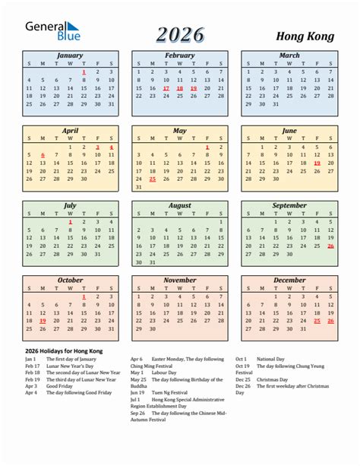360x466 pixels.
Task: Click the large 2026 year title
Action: click(x=180, y=34)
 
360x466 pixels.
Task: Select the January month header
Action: click(x=70, y=55)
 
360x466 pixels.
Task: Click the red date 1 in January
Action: click(x=84, y=71)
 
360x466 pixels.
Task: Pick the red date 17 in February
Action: click(x=166, y=88)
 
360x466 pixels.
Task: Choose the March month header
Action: click(x=289, y=55)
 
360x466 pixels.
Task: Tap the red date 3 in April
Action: click(x=97, y=147)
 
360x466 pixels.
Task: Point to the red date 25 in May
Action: click(x=152, y=179)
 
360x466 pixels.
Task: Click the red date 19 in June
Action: click(x=317, y=163)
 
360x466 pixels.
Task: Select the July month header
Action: click(x=70, y=205)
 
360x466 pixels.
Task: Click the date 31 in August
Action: click(x=152, y=262)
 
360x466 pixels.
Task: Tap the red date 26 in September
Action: click(x=330, y=246)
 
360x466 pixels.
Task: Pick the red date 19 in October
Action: click(x=43, y=321)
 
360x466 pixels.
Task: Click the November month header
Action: click(x=179, y=281)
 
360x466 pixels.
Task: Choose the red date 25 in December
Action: click(x=317, y=321)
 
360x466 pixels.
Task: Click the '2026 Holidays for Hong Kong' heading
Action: click(x=63, y=350)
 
